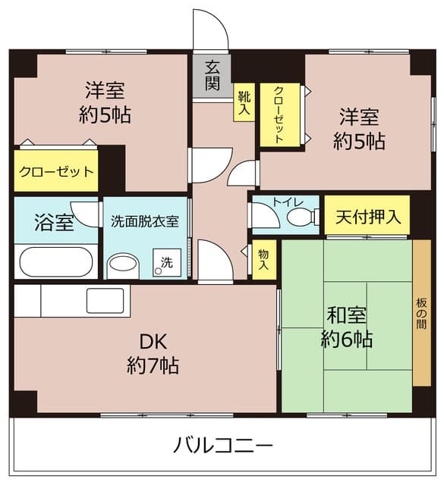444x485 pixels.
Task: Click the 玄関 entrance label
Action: point(213,76)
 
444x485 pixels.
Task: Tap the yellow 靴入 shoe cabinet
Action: point(244,102)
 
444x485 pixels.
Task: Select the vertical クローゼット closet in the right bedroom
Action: point(280,114)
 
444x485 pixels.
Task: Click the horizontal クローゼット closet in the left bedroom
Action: point(56,171)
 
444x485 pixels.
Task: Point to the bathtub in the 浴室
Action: point(56,261)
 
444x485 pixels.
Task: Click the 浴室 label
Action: point(54,222)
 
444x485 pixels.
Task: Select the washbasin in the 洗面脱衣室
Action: point(123,265)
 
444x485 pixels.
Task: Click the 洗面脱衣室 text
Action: point(145,221)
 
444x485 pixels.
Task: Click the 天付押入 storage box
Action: point(367,215)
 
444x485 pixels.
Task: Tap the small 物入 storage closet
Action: point(263,259)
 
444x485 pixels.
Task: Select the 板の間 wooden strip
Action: point(421,313)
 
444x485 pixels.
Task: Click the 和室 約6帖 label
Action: point(347,327)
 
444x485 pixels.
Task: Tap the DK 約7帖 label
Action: point(153,354)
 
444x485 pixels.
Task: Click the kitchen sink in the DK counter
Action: point(105,301)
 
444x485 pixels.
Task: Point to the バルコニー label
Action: point(223,446)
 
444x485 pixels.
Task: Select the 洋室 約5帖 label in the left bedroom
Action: point(105,102)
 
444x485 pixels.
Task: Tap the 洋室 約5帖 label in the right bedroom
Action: point(360,129)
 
